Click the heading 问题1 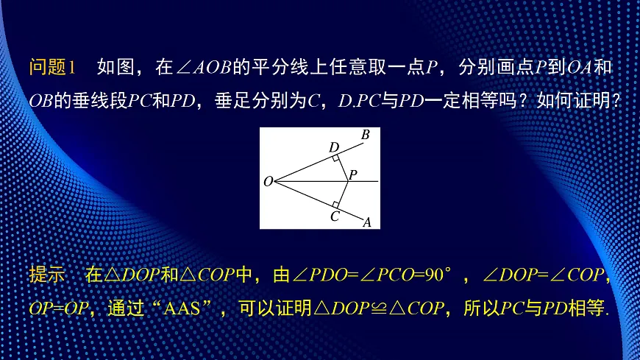(x=52, y=68)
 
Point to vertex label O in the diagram (x=268, y=181)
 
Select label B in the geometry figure (x=365, y=135)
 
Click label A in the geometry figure (x=366, y=222)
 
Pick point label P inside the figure (x=353, y=174)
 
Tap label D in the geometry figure (x=333, y=147)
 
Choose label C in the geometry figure (x=334, y=216)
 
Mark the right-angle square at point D (x=335, y=158)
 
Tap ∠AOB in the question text (x=204, y=68)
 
